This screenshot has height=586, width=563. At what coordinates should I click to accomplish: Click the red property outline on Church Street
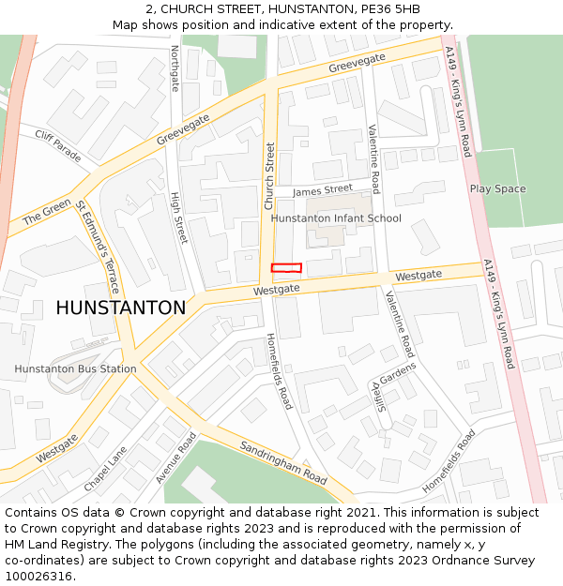pos(286,268)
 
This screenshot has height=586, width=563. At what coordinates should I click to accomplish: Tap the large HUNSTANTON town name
pos(121,308)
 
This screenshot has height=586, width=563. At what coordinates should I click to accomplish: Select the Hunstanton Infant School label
pos(336,218)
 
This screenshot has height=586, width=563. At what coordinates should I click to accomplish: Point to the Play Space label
pos(497,189)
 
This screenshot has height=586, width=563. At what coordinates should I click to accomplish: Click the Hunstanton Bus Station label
pos(75,368)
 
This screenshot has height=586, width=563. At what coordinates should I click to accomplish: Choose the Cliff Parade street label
pos(58,146)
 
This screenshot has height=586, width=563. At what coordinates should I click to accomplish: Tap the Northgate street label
pos(175,68)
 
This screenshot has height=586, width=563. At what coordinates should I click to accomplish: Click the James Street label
pos(323,189)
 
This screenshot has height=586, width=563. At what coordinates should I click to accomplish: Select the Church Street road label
pos(269,175)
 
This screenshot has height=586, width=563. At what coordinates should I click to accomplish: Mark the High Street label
pos(178,218)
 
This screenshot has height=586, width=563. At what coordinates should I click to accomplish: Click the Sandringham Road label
pos(282,462)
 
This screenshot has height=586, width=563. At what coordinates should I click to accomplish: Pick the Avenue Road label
pos(175,458)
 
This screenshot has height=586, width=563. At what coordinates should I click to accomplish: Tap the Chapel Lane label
pos(106,468)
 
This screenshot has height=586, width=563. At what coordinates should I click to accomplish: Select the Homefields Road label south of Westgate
pos(279,371)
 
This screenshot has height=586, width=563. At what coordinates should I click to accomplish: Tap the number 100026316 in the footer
pos(38,576)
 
